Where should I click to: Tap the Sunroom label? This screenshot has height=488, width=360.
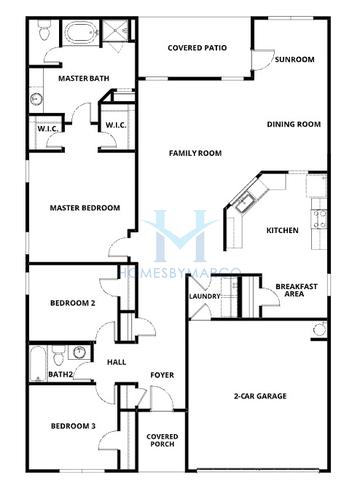click(295, 59)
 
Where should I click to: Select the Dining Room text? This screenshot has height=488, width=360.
click(294, 124)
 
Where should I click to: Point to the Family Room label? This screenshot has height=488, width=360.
click(194, 153)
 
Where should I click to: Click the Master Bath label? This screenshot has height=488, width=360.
click(83, 78)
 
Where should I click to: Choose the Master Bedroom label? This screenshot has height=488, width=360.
click(85, 208)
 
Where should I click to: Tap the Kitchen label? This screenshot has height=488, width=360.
click(282, 231)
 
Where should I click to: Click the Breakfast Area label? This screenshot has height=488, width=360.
click(296, 290)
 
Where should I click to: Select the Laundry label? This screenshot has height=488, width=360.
click(204, 296)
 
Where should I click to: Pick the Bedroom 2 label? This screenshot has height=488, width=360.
click(73, 303)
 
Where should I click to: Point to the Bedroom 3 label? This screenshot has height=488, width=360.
click(73, 427)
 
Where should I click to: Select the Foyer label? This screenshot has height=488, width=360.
click(162, 375)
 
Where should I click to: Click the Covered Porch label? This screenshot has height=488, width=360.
click(162, 441)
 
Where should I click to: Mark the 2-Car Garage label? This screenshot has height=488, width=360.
click(259, 396)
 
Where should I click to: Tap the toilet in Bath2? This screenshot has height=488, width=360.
click(59, 354)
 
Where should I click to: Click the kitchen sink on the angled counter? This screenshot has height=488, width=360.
click(244, 204)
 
